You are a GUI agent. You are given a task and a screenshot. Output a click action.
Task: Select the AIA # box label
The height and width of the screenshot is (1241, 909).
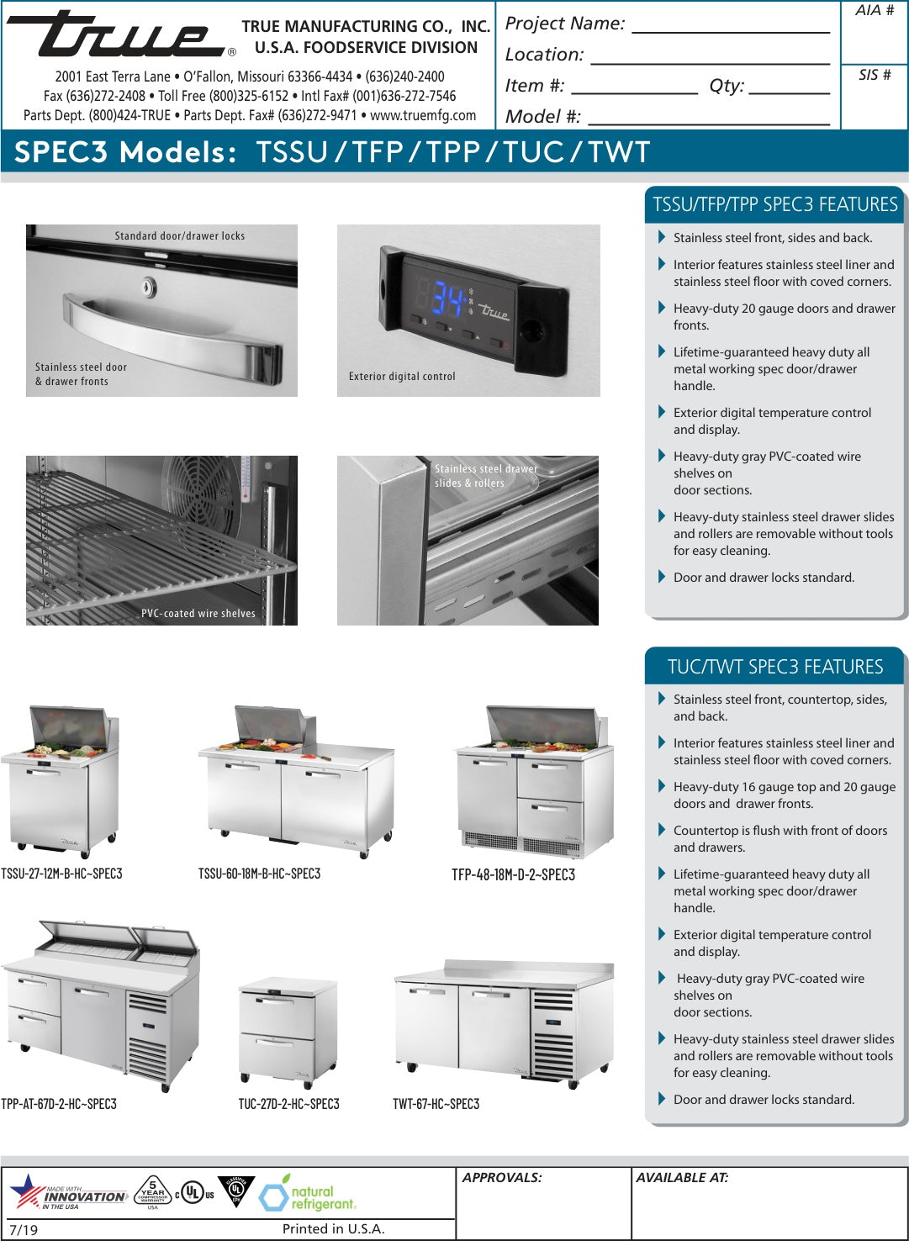click(x=875, y=11)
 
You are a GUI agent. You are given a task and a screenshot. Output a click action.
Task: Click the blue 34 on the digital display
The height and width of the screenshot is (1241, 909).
click(x=448, y=298)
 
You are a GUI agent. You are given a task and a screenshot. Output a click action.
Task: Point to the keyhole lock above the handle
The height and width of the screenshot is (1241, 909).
click(x=149, y=288)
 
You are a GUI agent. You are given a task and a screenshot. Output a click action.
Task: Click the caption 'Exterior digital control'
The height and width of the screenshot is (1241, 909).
click(x=402, y=377)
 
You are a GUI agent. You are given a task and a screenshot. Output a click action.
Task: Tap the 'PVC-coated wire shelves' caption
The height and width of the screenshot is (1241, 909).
click(x=198, y=614)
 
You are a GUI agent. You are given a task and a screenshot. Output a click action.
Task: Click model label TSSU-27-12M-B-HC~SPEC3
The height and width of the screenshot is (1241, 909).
click(x=61, y=874)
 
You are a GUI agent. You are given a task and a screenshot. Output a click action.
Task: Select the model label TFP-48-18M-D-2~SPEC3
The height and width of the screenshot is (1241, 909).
click(x=513, y=874)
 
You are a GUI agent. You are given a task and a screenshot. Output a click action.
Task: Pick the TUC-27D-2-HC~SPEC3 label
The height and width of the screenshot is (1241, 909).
click(x=288, y=1104)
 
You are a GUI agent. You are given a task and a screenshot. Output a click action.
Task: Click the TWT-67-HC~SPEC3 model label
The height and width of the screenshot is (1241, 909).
click(x=436, y=1104)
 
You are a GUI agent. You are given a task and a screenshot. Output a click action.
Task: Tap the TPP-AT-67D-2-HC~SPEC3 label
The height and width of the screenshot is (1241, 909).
click(x=59, y=1104)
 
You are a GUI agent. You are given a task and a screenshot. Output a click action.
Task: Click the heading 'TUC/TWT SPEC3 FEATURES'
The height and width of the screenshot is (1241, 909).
click(x=774, y=667)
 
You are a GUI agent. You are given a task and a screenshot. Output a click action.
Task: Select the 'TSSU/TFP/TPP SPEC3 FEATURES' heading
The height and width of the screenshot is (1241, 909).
click(x=774, y=204)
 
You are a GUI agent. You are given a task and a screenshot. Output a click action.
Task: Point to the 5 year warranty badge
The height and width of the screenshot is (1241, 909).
click(x=152, y=1191)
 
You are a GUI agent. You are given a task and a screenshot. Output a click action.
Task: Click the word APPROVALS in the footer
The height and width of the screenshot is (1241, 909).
click(x=501, y=1177)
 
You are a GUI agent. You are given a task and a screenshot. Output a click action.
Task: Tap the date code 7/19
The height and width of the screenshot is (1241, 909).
click(x=24, y=1229)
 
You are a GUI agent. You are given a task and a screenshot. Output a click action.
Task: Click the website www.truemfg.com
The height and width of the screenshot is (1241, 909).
click(x=423, y=115)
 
